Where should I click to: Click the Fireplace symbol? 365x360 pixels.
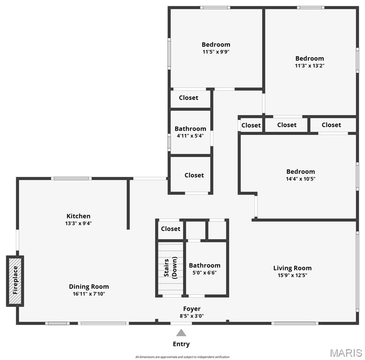click(15, 281)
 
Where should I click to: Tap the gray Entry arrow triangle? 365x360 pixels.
click(181, 333)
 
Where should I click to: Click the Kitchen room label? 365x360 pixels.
click(78, 216)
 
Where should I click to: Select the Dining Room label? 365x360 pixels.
click(89, 286)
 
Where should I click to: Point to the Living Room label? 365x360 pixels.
click(292, 268)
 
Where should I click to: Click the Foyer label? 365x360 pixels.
click(191, 308)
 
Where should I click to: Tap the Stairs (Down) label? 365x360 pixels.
click(170, 268)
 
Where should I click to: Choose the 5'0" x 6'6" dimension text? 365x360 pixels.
click(204, 273)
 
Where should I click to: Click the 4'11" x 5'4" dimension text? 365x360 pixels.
click(190, 136)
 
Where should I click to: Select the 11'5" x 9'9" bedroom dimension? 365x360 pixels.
click(216, 52)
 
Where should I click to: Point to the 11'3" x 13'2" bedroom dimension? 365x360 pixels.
click(309, 66)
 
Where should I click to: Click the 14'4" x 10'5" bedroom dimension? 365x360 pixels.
click(300, 179)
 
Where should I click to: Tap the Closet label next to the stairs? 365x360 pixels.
click(170, 229)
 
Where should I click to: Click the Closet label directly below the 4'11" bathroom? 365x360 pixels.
click(194, 175)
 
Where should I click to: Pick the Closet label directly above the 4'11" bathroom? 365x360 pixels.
click(188, 97)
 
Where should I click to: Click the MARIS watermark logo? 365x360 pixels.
click(346, 352)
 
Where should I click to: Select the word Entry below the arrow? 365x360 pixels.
click(181, 344)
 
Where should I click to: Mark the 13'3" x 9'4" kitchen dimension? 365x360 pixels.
click(78, 223)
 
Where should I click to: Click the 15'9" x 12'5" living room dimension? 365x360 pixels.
click(292, 275)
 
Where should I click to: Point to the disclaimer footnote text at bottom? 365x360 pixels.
click(182, 357)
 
